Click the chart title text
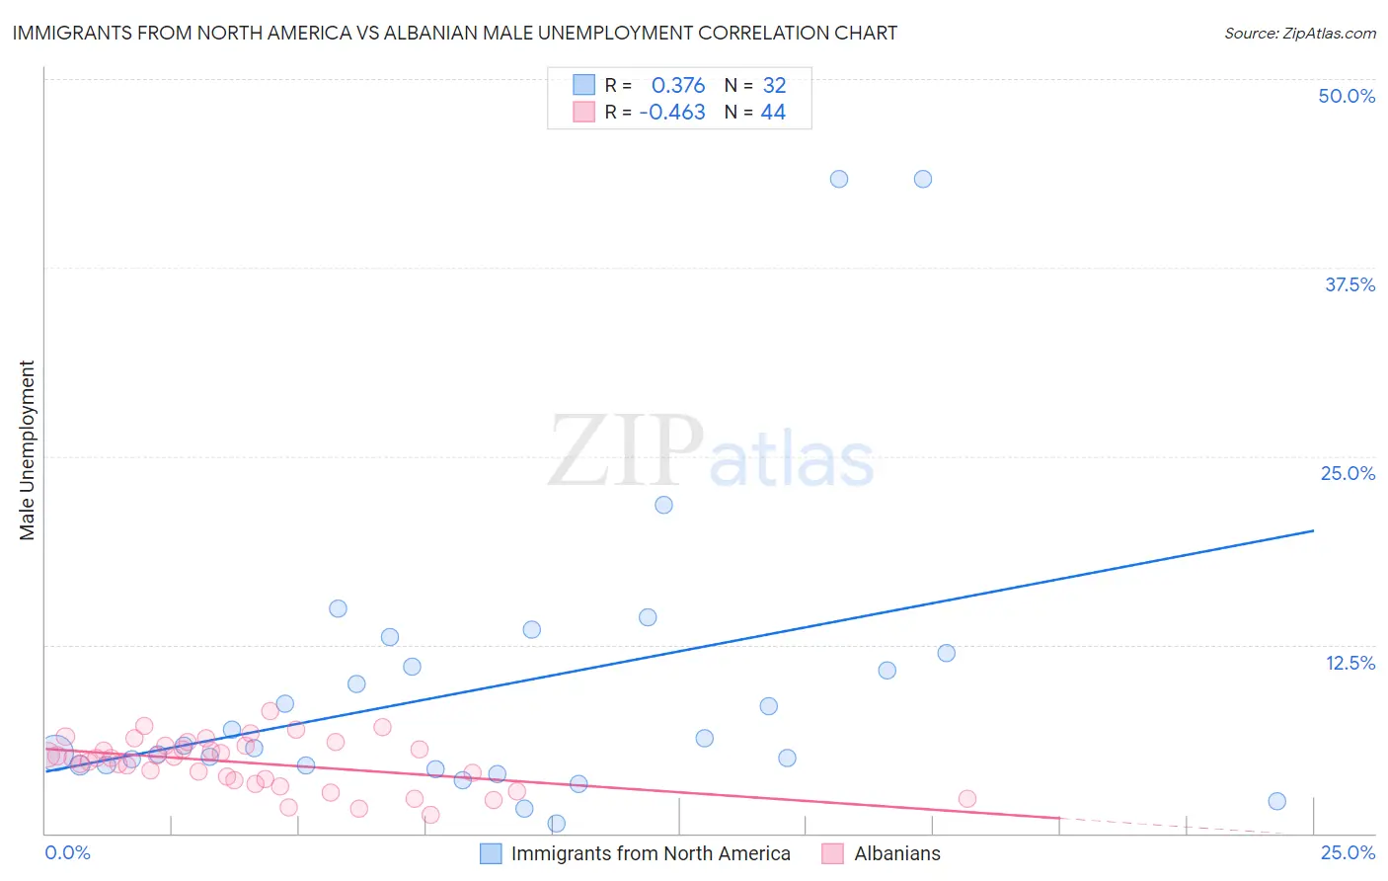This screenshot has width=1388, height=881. click(454, 33)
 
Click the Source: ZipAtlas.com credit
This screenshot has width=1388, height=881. click(1299, 33)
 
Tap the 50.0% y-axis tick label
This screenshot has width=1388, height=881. click(1347, 96)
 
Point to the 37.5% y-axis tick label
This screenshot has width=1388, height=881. click(1349, 284)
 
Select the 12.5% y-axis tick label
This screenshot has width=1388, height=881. click(1349, 663)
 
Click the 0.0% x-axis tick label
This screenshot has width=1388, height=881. click(67, 852)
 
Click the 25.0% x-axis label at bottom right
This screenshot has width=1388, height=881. click(1348, 852)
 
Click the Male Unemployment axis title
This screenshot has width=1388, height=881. click(28, 450)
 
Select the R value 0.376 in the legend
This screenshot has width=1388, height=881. click(677, 85)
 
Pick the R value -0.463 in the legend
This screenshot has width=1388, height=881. click(672, 113)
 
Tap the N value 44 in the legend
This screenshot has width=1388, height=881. click(773, 113)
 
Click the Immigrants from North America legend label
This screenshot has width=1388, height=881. click(651, 853)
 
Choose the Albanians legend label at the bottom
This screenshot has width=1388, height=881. click(897, 853)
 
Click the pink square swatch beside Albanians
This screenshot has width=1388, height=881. click(833, 853)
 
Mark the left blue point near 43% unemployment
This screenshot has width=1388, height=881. click(839, 179)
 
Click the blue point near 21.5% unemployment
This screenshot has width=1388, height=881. click(664, 505)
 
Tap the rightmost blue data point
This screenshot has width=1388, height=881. click(1277, 801)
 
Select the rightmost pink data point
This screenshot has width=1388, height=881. click(967, 799)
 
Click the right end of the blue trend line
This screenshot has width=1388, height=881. click(1313, 530)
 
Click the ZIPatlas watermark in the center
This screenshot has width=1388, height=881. click(711, 452)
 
